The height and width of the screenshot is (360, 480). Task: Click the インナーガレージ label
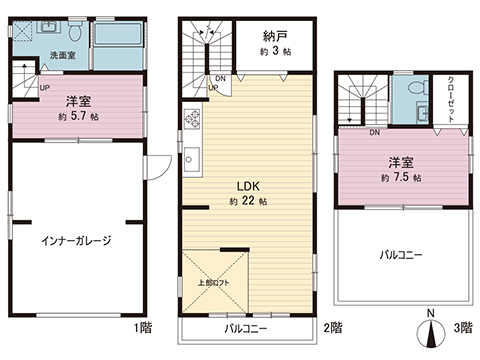coord(75,241)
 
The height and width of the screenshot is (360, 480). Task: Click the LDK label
coord(247,185)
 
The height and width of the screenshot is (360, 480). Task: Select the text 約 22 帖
coord(247,201)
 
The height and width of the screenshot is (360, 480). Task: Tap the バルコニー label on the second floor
coord(243,327)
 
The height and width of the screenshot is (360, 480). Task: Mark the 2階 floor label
coord(332,327)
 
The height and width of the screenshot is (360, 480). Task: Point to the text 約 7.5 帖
coord(402,176)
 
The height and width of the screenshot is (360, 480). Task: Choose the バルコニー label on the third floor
coord(400,255)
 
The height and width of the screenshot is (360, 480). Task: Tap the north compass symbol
coord(429,334)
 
